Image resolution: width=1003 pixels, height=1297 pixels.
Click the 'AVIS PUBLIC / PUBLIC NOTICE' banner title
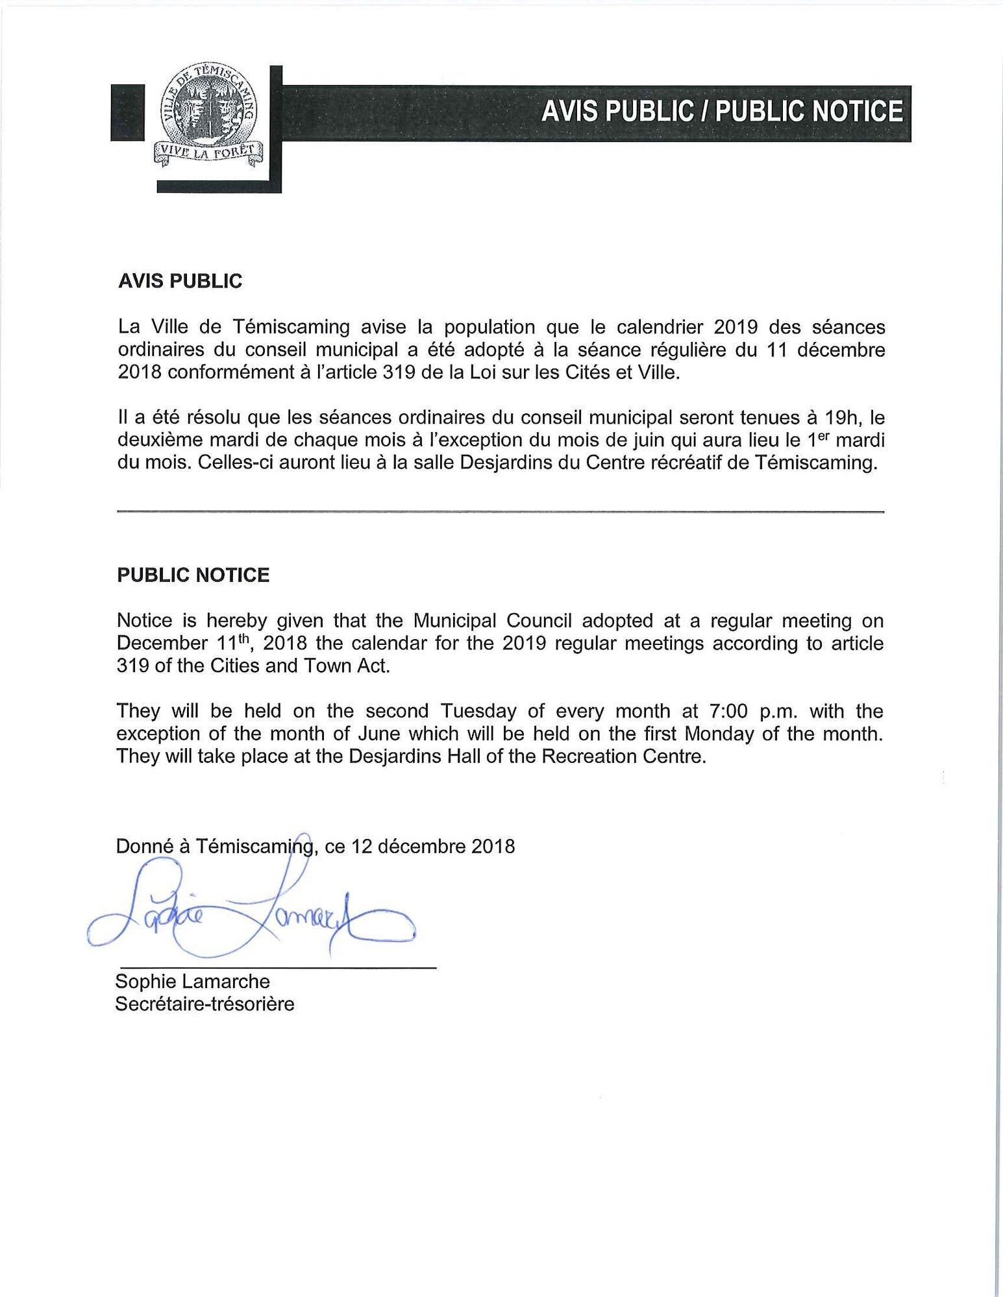[x=722, y=111]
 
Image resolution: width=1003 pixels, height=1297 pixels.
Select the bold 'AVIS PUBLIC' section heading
[x=180, y=282]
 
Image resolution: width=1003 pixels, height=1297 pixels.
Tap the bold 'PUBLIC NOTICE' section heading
[x=193, y=576]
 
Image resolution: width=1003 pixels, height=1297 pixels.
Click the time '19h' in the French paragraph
[x=827, y=417]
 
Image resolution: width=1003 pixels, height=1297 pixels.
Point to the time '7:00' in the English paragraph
[x=716, y=712]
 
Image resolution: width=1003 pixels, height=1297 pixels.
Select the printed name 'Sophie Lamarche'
[x=192, y=982]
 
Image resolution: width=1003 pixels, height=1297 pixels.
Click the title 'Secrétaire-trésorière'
[x=204, y=1004]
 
